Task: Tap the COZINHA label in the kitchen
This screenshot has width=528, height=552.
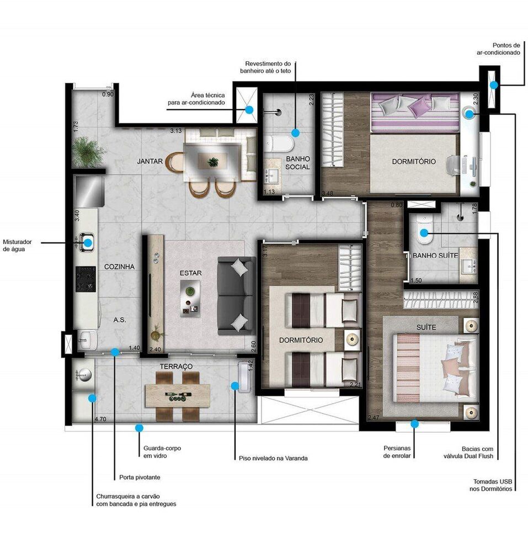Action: (x=119, y=267)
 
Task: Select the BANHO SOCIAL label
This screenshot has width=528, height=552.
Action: (x=298, y=163)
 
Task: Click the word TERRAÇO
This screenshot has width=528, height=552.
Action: (x=176, y=367)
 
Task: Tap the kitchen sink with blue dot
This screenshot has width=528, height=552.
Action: (x=88, y=241)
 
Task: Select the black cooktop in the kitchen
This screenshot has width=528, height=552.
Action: (x=86, y=279)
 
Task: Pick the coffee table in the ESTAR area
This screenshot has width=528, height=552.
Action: (x=190, y=296)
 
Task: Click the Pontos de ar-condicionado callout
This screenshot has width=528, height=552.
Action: (x=499, y=49)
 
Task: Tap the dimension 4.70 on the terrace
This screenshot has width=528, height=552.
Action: (x=100, y=420)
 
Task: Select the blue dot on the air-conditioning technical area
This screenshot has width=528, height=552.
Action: (x=249, y=110)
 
